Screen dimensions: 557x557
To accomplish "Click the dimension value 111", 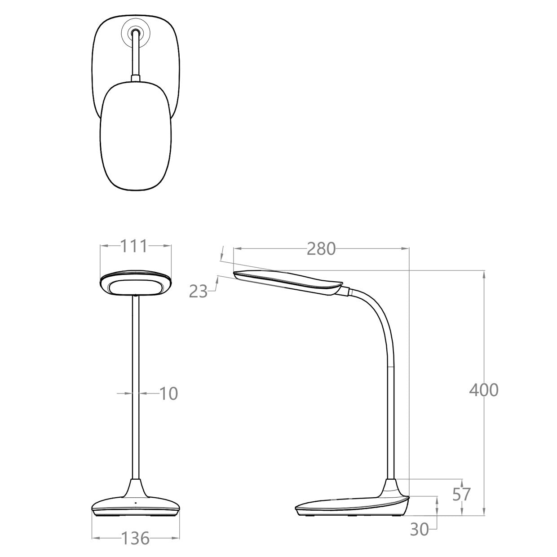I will click(x=133, y=246).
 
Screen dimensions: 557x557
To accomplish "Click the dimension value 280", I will click(x=321, y=248).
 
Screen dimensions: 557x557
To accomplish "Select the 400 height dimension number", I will click(x=484, y=390).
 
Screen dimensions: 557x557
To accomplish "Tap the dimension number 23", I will click(x=198, y=292).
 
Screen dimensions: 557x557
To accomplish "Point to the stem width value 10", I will click(x=169, y=393).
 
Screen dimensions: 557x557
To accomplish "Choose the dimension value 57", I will click(x=461, y=494).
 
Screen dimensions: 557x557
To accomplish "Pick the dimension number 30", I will click(x=420, y=530).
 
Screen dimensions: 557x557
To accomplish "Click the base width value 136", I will click(x=135, y=538).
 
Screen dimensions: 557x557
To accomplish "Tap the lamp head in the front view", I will click(x=135, y=284).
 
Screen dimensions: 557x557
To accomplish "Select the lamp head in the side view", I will click(x=287, y=282).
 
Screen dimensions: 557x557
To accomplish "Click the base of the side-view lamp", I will click(x=350, y=505).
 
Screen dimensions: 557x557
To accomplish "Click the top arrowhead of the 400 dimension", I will click(x=484, y=273).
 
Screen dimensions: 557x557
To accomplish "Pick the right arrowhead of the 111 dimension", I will click(x=169, y=245).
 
